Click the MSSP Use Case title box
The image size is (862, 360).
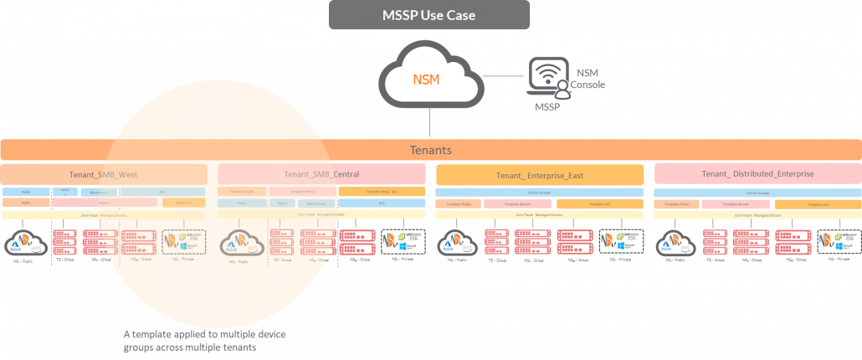point(429,15)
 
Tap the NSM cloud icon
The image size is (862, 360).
point(429,80)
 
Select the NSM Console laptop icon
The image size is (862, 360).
point(546,78)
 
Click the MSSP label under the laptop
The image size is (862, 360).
point(548,108)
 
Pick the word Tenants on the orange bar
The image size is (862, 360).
point(430,150)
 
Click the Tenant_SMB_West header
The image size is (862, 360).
point(104,174)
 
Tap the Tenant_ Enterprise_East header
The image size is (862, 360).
point(540,174)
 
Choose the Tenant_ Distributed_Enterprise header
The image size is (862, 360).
point(757,174)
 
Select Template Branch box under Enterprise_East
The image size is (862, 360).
point(519,204)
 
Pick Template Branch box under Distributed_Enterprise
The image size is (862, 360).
point(736,204)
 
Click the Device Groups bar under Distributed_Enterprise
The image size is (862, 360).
point(757,193)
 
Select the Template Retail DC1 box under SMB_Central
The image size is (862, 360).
point(381,192)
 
